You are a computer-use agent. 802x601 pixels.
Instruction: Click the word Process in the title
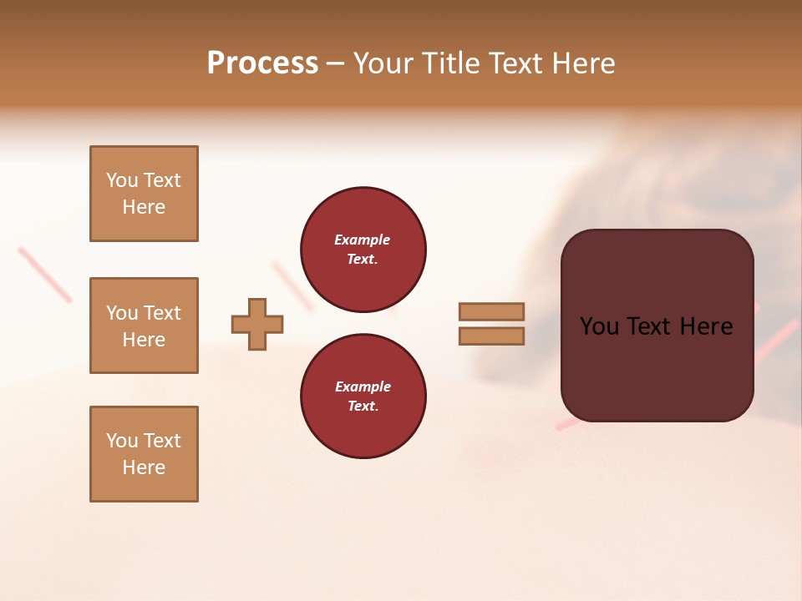(x=262, y=63)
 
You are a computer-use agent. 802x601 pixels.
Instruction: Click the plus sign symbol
(x=257, y=324)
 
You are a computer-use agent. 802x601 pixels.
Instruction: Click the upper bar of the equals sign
(x=491, y=311)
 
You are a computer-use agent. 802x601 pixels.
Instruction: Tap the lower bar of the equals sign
(x=491, y=336)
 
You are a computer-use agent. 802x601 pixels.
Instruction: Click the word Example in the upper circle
(x=362, y=240)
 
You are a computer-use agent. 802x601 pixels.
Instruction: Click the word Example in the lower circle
(x=363, y=386)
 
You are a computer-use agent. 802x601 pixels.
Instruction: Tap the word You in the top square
(x=122, y=180)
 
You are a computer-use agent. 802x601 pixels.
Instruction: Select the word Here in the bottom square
(x=144, y=467)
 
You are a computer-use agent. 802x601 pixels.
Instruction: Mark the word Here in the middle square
(x=144, y=340)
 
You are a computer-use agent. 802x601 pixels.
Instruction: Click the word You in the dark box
(x=599, y=326)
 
